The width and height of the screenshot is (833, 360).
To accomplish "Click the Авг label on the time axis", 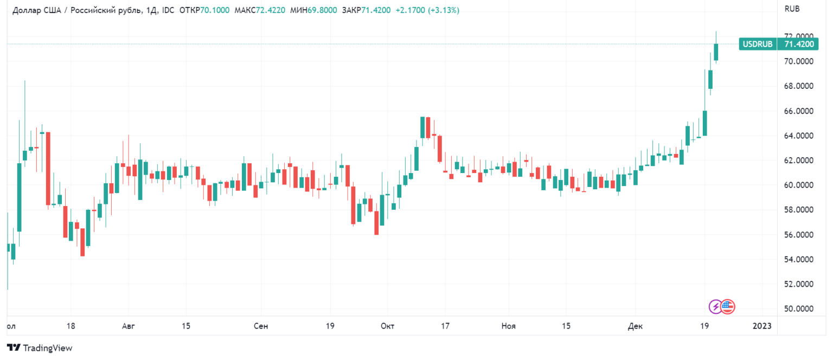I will pyautogui.click(x=128, y=326).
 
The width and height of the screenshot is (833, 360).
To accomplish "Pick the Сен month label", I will pyautogui.click(x=261, y=326).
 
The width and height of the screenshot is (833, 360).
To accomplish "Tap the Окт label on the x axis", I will pyautogui.click(x=387, y=326).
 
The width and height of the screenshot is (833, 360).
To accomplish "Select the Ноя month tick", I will pyautogui.click(x=508, y=326).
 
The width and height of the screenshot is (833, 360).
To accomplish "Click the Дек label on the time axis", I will pyautogui.click(x=635, y=326).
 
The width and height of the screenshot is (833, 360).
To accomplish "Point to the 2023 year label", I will pyautogui.click(x=762, y=326).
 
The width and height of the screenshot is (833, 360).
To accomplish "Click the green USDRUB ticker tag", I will pyautogui.click(x=758, y=44).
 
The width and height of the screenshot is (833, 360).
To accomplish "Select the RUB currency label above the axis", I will pyautogui.click(x=792, y=9).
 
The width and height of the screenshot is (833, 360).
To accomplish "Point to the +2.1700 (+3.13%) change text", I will pyautogui.click(x=428, y=10).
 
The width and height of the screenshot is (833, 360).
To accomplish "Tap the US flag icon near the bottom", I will pyautogui.click(x=727, y=307).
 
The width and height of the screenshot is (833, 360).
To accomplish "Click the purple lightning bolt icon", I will pyautogui.click(x=716, y=307).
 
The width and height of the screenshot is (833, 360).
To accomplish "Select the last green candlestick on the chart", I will pyautogui.click(x=716, y=52).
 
